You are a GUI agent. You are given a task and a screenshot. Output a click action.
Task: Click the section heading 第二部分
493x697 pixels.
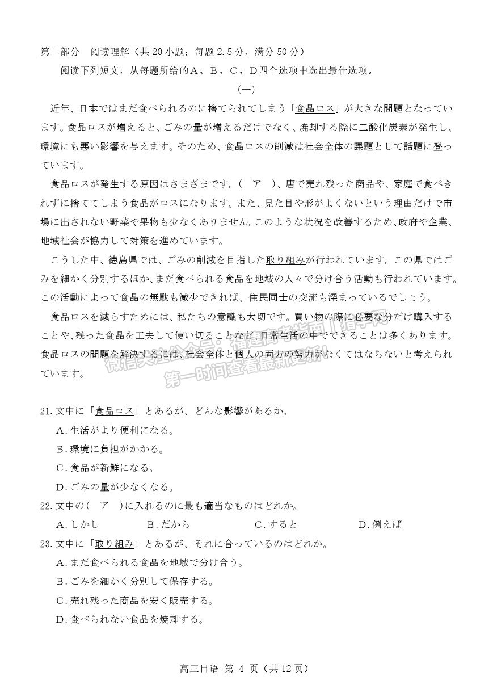60,52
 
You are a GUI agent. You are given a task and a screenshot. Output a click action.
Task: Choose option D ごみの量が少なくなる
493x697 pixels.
115,486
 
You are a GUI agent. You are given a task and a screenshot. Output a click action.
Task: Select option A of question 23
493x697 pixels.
150,562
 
